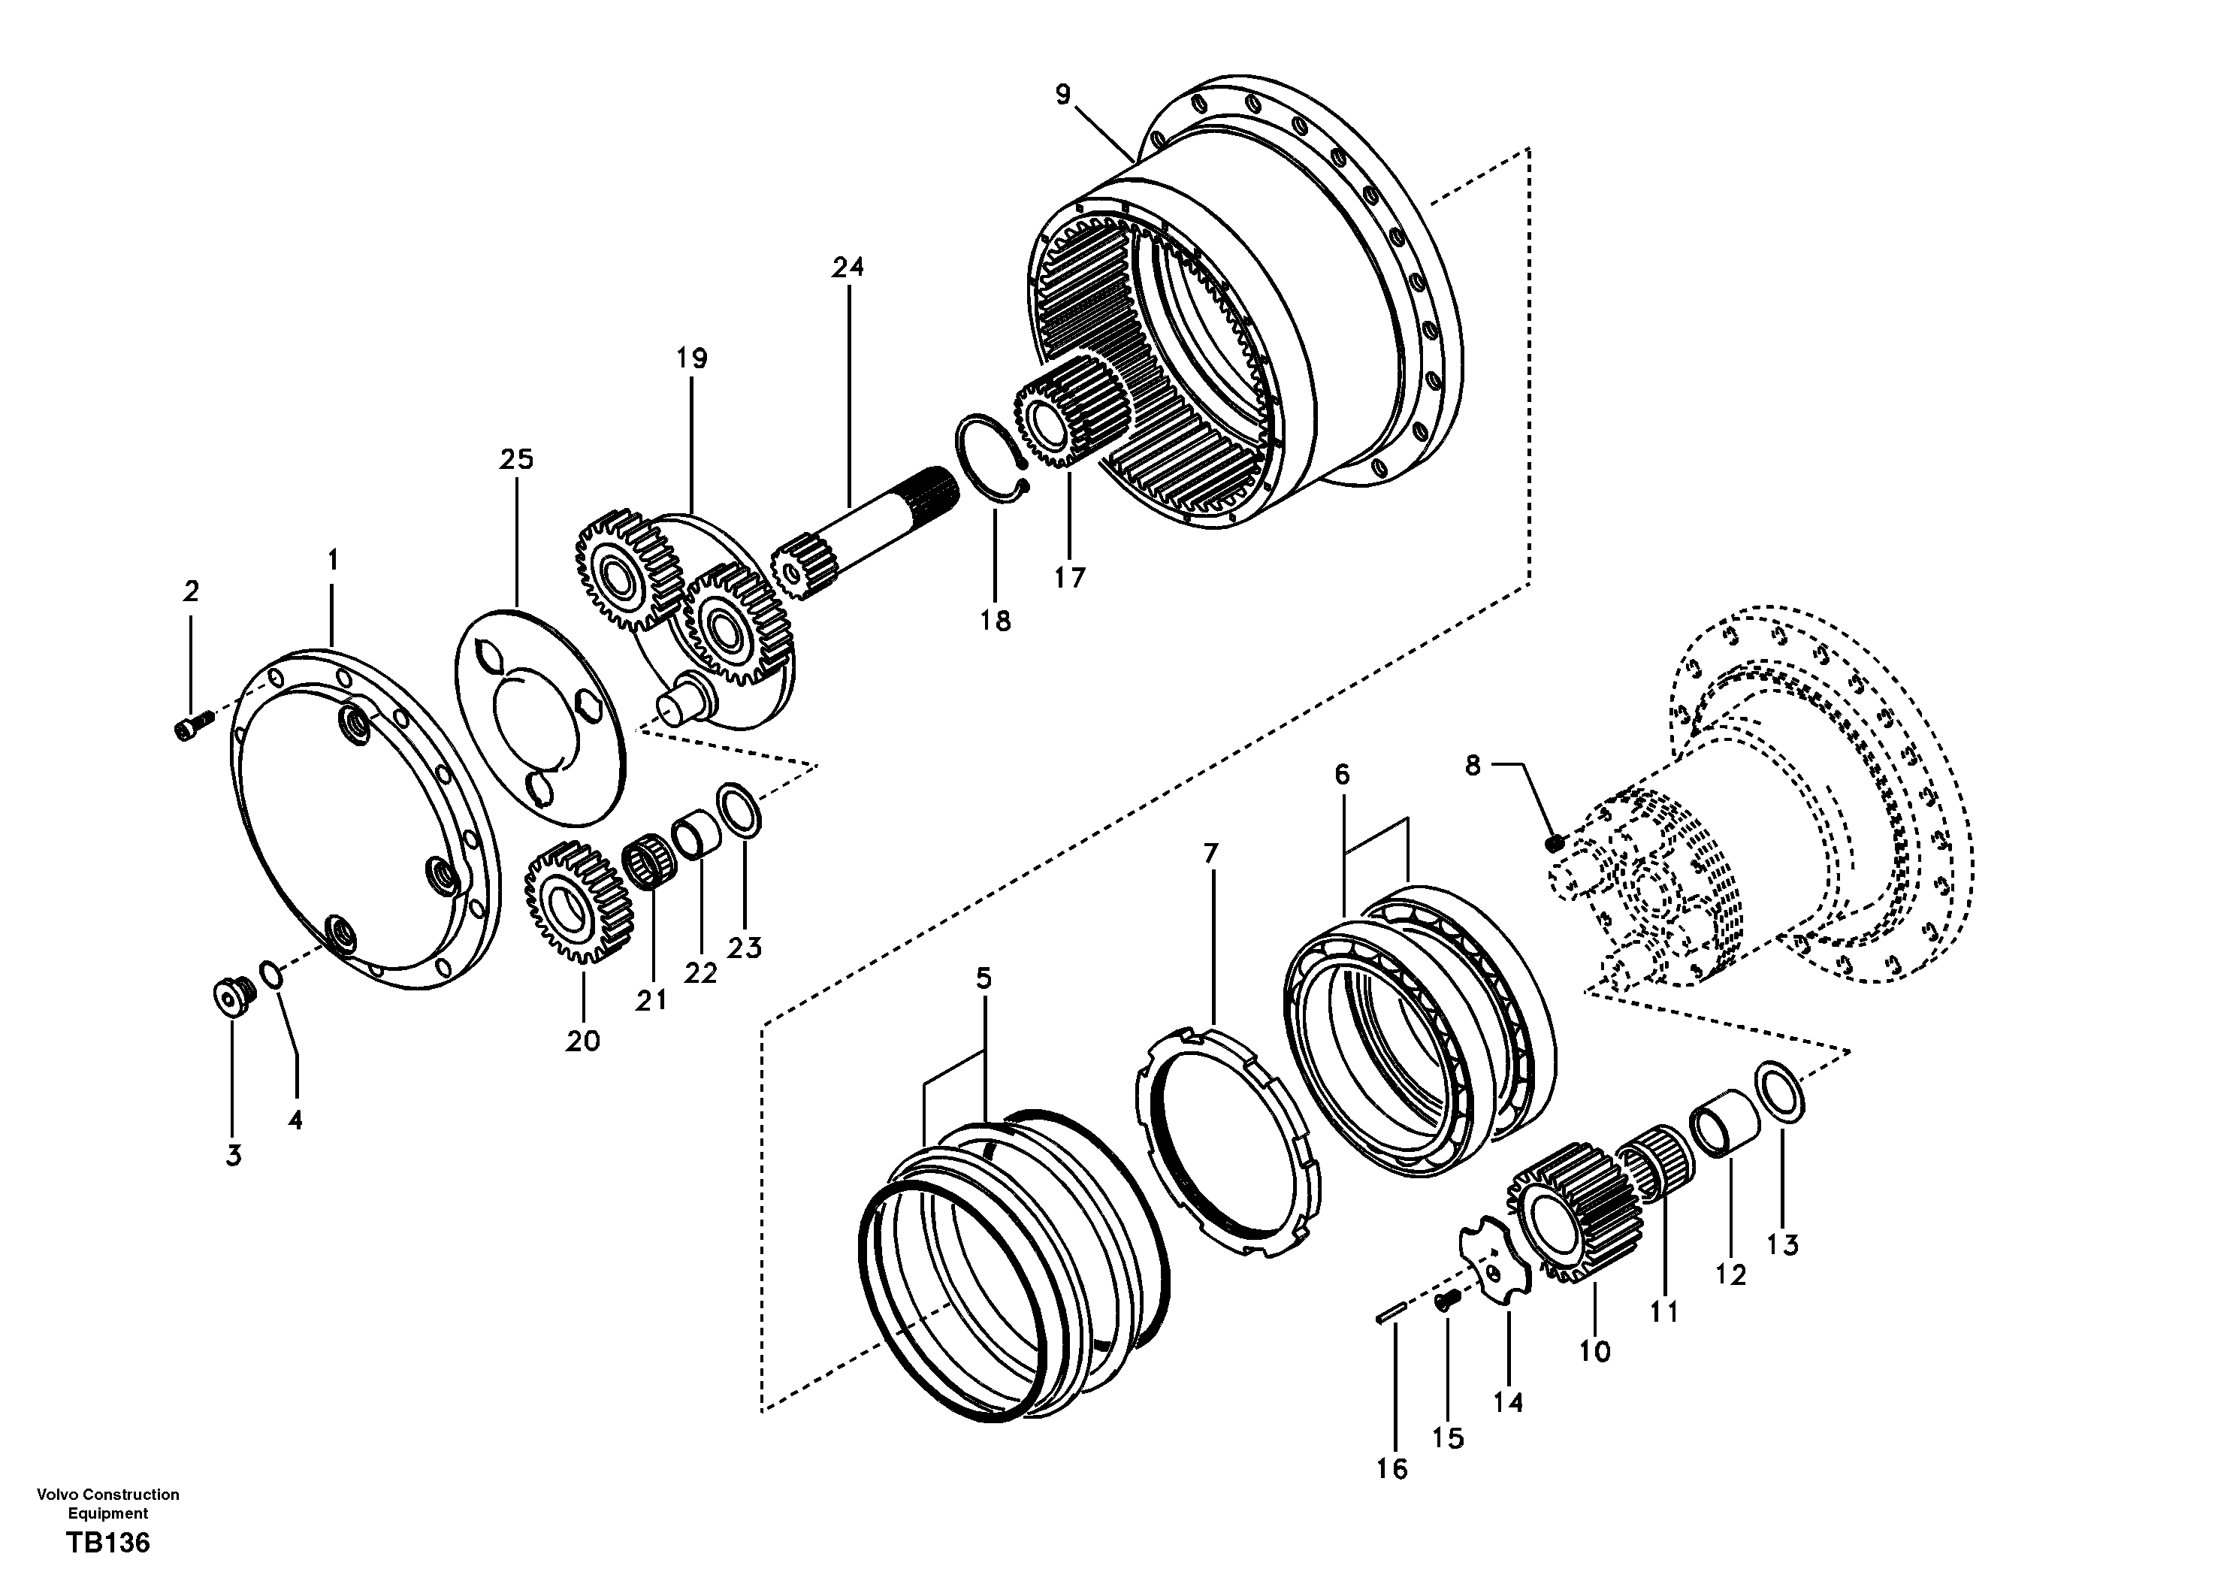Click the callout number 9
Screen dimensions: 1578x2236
[x=1062, y=95]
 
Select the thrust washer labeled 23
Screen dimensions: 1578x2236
[x=739, y=809]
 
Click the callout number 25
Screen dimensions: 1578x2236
[x=517, y=459]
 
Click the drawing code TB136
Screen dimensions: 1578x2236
[x=108, y=1543]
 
